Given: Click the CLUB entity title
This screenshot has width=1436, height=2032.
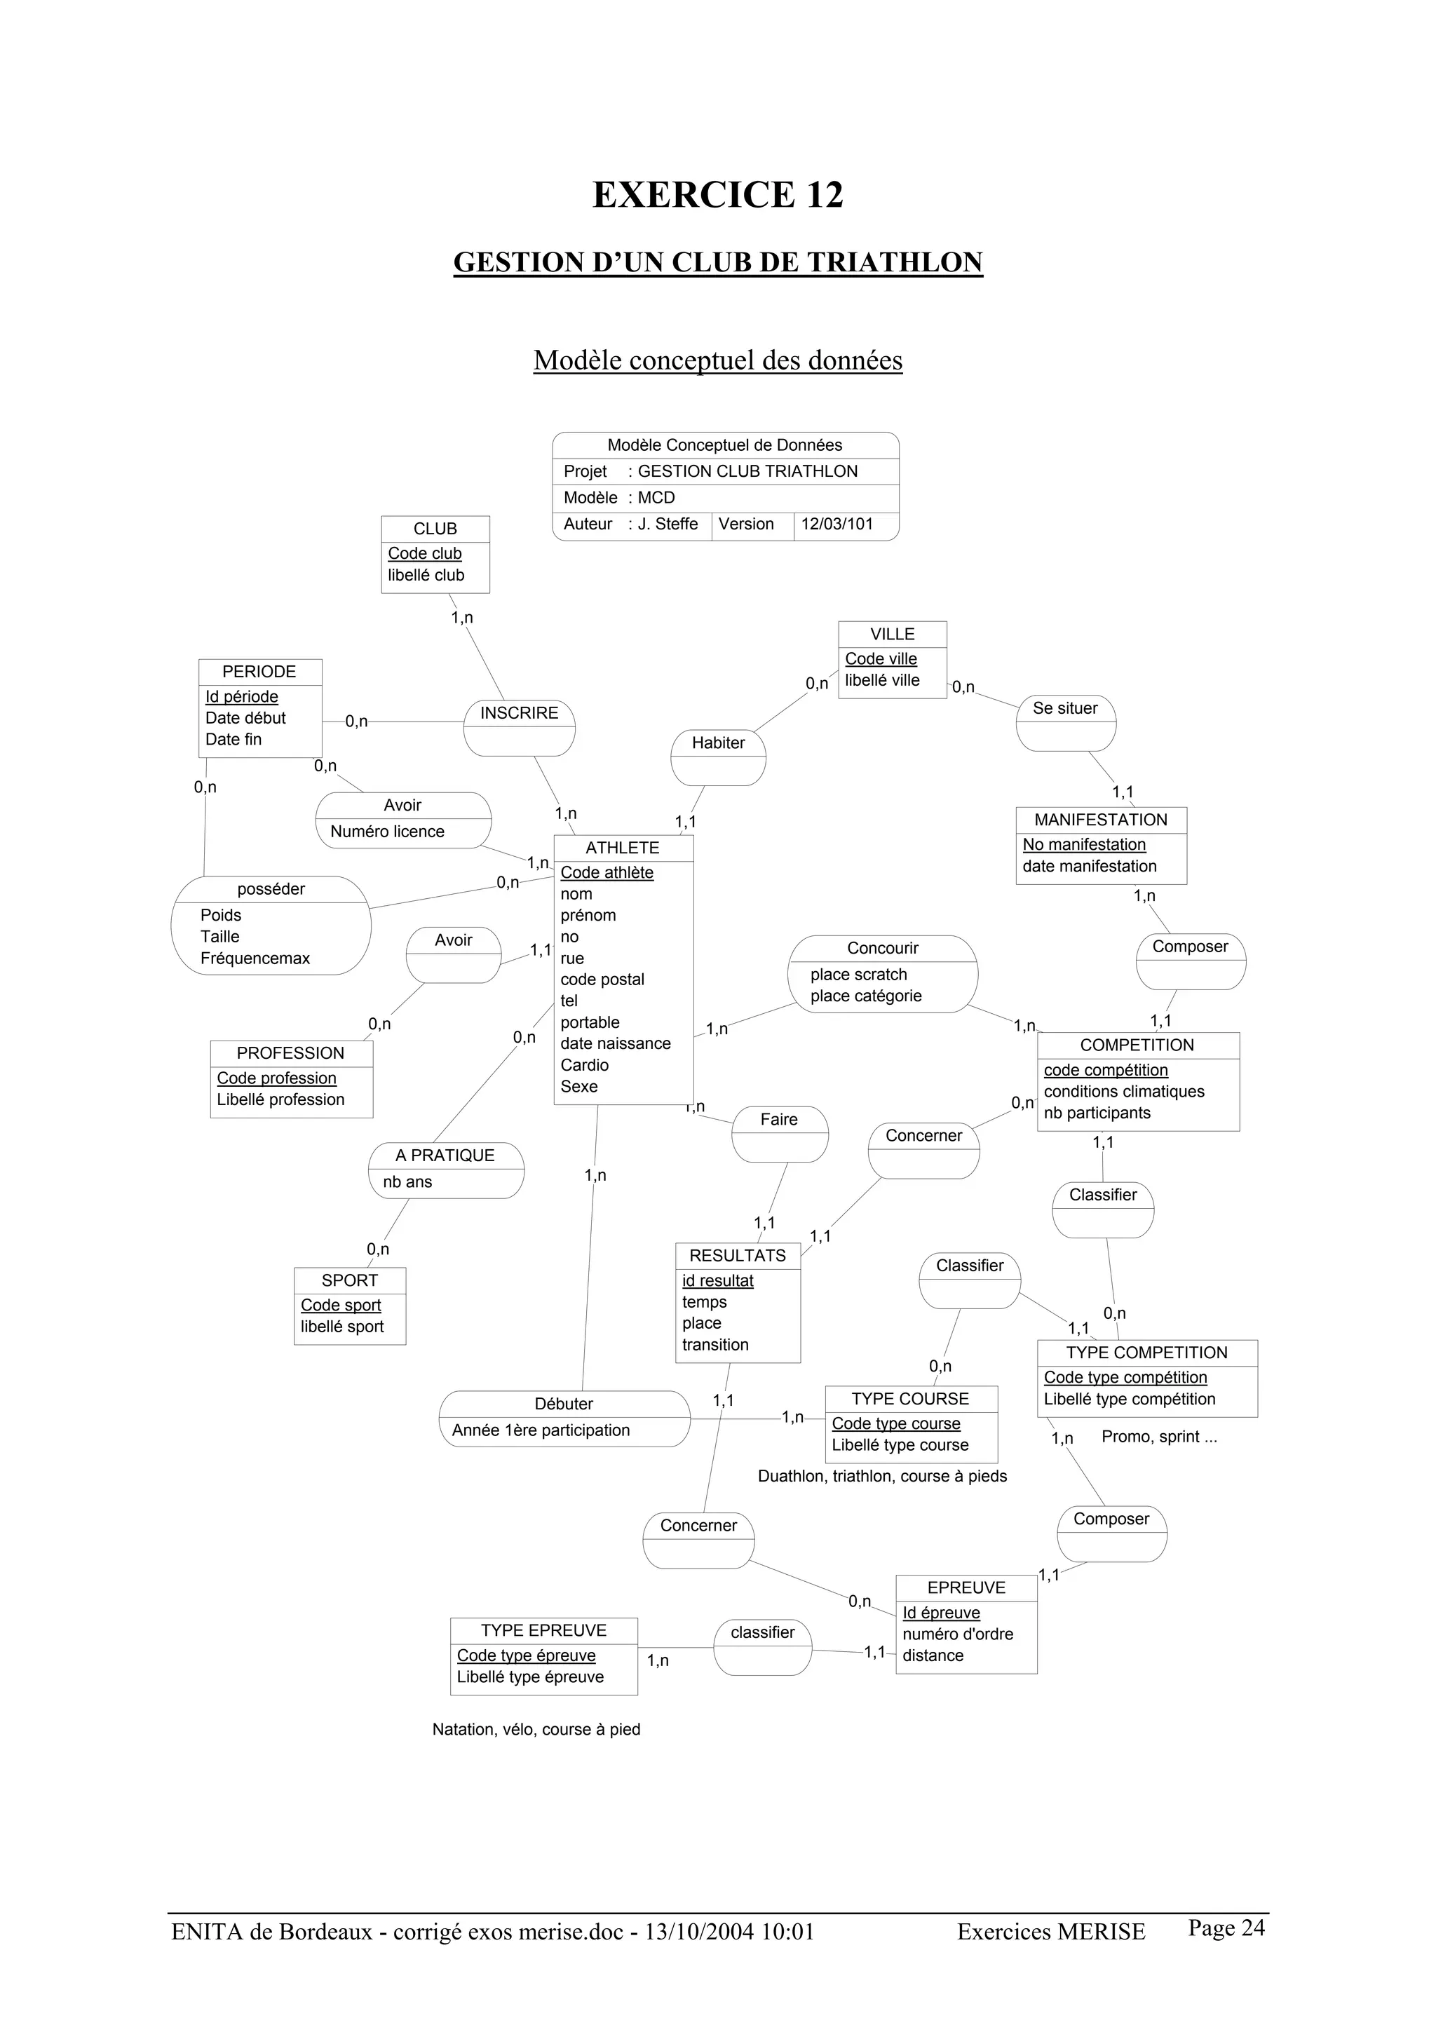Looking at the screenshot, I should click(x=435, y=529).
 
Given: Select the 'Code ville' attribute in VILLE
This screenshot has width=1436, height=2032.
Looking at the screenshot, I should click(x=881, y=658).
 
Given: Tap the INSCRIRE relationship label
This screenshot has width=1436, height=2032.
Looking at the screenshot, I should click(x=520, y=712).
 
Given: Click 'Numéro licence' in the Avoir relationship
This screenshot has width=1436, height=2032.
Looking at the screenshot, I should click(x=388, y=831).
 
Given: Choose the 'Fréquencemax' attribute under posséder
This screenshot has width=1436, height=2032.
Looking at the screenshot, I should click(x=255, y=958).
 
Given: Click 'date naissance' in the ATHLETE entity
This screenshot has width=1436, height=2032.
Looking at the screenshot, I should click(x=615, y=1043).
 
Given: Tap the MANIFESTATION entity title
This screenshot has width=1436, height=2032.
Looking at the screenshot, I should click(x=1101, y=820).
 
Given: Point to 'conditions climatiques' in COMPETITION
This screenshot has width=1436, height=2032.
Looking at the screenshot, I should click(x=1124, y=1091).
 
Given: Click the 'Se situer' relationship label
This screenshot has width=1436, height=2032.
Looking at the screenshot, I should click(x=1064, y=708).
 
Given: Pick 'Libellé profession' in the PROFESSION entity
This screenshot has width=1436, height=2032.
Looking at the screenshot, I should click(x=280, y=1099).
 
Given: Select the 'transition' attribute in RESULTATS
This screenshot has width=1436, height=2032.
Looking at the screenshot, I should click(x=715, y=1344).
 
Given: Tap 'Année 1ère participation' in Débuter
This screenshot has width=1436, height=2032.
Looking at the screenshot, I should click(x=541, y=1430).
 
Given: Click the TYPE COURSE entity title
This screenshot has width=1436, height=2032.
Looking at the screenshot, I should click(x=909, y=1398).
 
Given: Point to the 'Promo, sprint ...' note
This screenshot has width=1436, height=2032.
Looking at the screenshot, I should click(x=1159, y=1437).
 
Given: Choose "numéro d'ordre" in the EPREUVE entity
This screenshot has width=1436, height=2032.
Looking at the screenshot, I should click(x=957, y=1634).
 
